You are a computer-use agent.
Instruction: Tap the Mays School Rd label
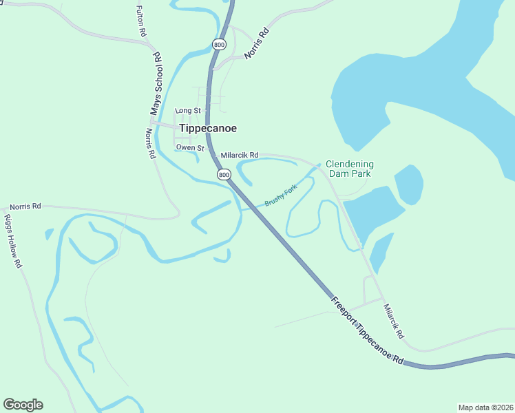[157, 83]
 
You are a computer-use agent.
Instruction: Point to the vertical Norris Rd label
[151, 144]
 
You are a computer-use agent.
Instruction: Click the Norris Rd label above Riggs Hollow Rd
[25, 206]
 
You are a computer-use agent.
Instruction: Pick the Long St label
[187, 110]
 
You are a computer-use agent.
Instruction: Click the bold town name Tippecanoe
[208, 128]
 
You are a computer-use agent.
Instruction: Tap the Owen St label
[190, 147]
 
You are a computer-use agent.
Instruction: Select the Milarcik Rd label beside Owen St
[239, 155]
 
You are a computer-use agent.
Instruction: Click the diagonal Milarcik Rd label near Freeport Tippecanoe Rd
[393, 321]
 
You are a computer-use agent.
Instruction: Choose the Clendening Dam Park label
[350, 169]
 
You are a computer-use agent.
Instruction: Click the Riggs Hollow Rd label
[13, 240]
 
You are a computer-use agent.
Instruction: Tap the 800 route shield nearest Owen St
[224, 175]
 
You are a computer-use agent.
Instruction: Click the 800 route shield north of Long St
[219, 45]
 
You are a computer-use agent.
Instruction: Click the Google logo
[23, 405]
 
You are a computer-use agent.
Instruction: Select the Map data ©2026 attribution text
[485, 407]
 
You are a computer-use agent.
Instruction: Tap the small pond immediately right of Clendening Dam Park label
[408, 184]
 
